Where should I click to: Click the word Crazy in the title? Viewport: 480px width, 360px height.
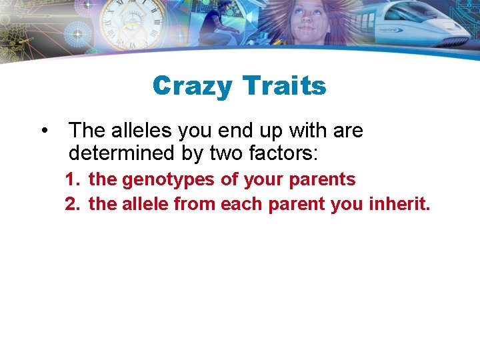[192, 86]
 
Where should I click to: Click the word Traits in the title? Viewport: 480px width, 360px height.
[284, 86]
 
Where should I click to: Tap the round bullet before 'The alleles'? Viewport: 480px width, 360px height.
[44, 130]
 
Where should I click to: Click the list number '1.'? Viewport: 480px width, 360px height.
[72, 179]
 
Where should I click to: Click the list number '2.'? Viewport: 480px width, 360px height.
[72, 204]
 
